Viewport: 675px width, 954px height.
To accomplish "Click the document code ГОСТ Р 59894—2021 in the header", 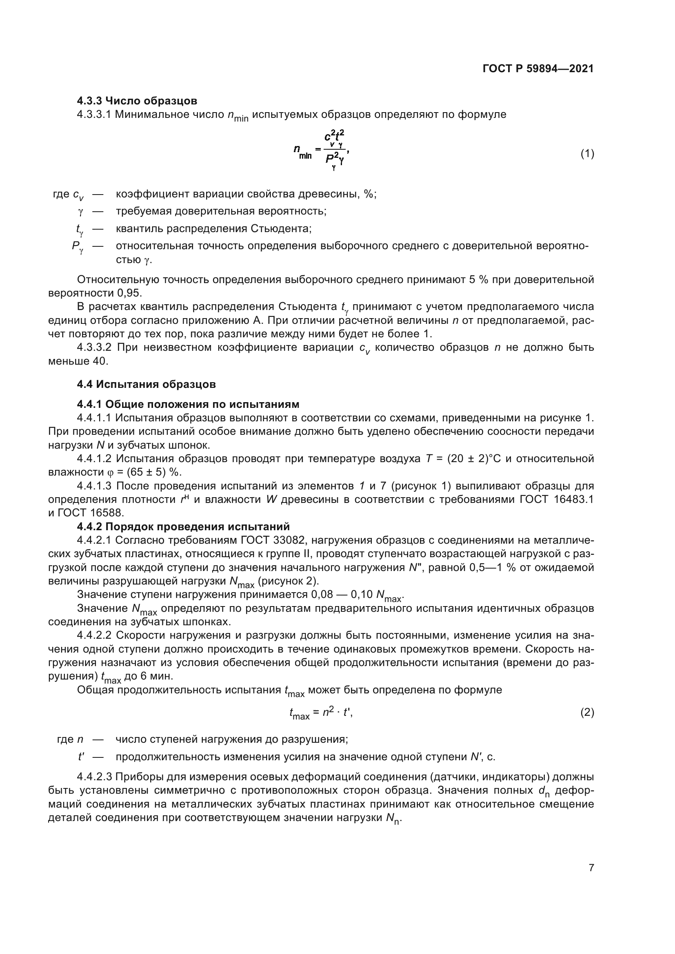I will [538, 69].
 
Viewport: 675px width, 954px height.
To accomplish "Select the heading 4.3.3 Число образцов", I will [137, 101].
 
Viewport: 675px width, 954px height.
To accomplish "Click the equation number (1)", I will [587, 154].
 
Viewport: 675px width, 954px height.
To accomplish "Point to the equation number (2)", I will [587, 713].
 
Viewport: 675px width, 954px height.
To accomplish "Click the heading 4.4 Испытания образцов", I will [147, 384].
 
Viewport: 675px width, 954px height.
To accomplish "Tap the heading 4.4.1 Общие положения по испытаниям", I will [188, 404].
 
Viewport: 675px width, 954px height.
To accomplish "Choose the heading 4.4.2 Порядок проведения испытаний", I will [183, 527].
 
